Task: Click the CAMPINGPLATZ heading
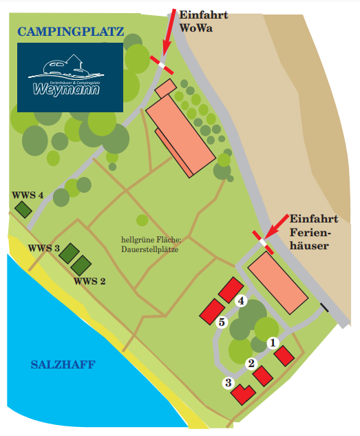[x=71, y=32]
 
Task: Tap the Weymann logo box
[x=70, y=77]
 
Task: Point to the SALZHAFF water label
[x=63, y=364]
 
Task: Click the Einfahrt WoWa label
[x=204, y=21]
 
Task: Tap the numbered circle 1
[x=272, y=342]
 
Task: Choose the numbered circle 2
[x=251, y=364]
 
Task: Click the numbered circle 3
[x=228, y=383]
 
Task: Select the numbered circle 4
[x=241, y=301]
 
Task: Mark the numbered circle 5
[x=221, y=322]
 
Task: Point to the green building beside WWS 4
[x=25, y=209]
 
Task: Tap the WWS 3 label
[x=45, y=248]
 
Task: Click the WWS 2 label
[x=89, y=281]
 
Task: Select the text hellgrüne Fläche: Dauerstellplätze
[x=150, y=245]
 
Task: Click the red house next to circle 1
[x=284, y=355]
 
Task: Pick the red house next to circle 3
[x=242, y=394]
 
